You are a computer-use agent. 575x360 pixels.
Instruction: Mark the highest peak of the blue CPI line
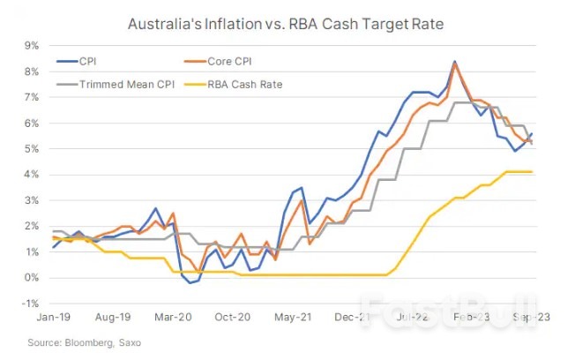click(x=454, y=62)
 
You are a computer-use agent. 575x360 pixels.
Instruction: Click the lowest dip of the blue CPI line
click(x=188, y=283)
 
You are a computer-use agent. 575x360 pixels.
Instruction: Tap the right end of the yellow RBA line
click(x=532, y=171)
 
